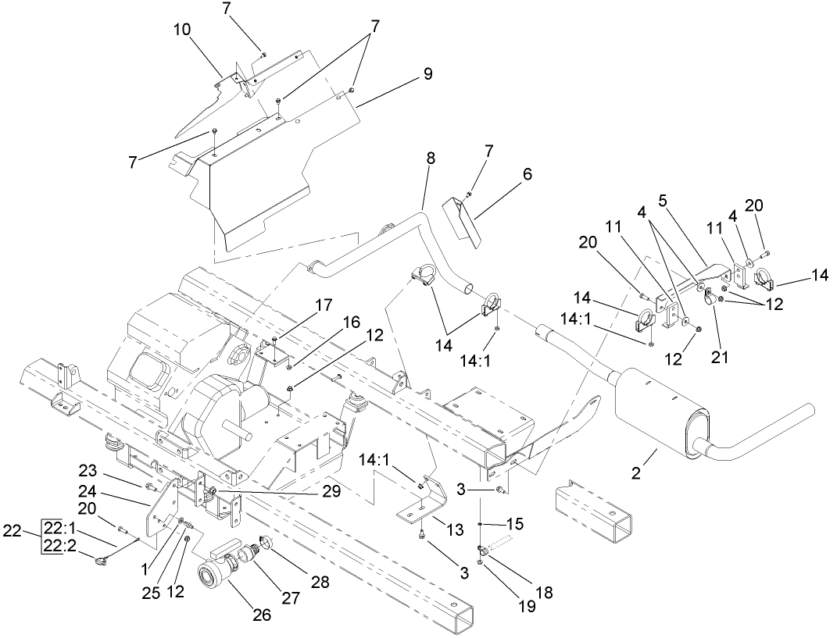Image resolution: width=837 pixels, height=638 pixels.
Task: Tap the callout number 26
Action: [262, 615]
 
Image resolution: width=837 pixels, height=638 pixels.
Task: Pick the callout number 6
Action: [528, 176]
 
